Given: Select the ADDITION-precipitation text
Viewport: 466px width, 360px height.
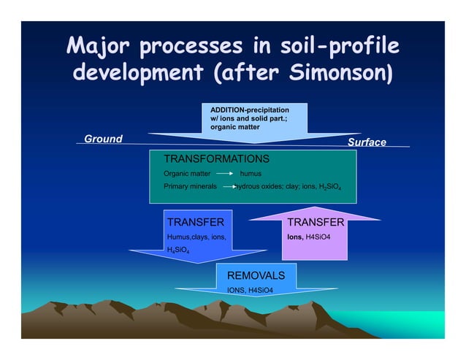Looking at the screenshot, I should (x=245, y=109).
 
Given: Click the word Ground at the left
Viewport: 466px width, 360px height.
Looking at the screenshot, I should (x=103, y=139).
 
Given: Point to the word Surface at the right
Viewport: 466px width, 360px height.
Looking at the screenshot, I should (x=367, y=142).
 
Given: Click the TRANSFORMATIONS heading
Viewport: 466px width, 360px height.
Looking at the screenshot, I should (x=216, y=158).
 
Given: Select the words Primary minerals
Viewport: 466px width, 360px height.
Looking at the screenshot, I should (x=190, y=187).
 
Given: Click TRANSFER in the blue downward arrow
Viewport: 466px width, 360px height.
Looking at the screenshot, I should (x=195, y=222).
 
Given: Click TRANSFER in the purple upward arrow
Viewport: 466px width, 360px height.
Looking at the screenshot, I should (x=316, y=222).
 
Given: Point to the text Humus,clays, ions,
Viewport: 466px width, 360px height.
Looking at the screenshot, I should (x=196, y=237).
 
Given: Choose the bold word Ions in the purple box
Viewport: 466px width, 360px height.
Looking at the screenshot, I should (x=295, y=237).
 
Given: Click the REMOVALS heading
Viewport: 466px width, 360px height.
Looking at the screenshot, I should (x=251, y=275).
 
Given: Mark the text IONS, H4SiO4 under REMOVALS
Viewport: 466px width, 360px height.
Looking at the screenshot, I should (x=250, y=290).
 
